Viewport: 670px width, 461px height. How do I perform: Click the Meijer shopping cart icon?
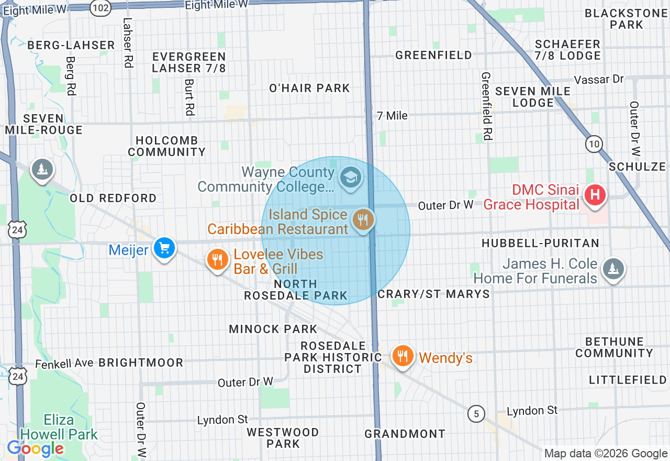coord(164,248)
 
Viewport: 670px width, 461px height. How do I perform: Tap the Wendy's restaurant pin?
coord(402,356)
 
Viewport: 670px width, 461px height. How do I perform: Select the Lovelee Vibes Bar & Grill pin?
coord(217,259)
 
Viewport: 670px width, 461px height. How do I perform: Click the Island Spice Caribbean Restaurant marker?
coord(363,219)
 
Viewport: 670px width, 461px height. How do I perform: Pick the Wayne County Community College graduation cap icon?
coord(350,178)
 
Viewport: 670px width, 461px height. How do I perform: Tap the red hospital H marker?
coord(595,195)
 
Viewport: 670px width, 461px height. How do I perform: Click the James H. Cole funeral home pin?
coord(612,269)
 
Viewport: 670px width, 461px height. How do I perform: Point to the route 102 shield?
coord(100,8)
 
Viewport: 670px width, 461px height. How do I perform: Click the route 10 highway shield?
coord(594,144)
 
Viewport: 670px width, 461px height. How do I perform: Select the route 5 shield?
coord(476,414)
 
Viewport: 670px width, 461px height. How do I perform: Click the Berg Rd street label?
coord(71,75)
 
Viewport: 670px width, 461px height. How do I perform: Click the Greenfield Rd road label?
coord(486,106)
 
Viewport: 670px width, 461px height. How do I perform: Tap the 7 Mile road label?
coord(392,116)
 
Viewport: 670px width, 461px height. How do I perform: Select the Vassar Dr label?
coord(599,80)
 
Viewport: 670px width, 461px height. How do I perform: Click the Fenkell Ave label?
coord(64,363)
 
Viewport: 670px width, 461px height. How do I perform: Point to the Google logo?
coord(35,448)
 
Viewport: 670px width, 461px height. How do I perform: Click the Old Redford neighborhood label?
coord(113,198)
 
